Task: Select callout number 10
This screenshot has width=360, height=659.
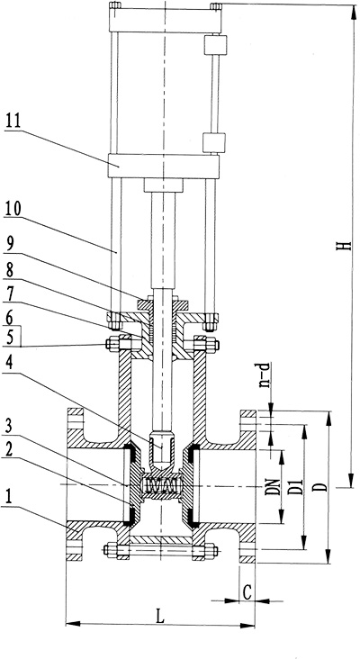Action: pyautogui.click(x=13, y=209)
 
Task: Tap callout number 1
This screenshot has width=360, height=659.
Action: pyautogui.click(x=8, y=498)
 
